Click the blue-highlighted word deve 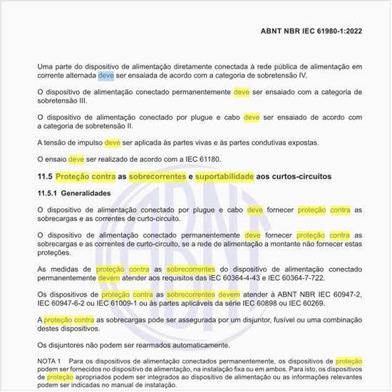coord(106,76)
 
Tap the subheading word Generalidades coord(93,193)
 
